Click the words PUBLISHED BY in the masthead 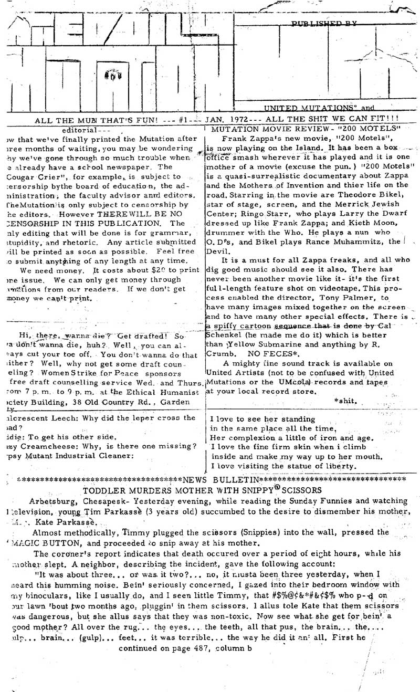[323, 23]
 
